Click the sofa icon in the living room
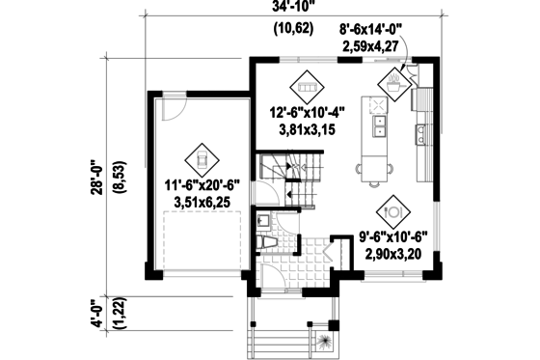[x=309, y=86]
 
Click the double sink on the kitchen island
[x=380, y=125]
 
